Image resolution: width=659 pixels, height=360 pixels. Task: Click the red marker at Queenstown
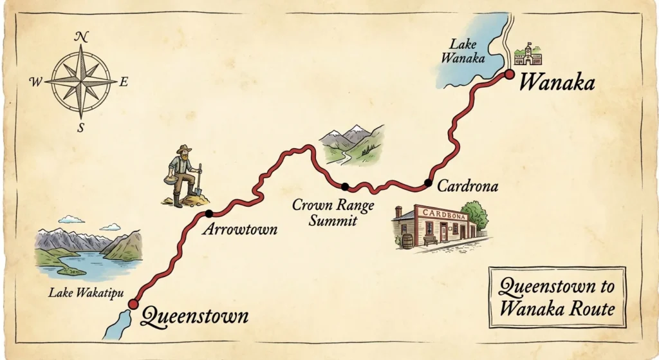[133, 304]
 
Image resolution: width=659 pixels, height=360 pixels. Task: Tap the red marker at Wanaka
[508, 75]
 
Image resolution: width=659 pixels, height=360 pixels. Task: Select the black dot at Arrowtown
[209, 213]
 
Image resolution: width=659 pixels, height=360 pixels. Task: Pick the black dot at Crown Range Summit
[345, 187]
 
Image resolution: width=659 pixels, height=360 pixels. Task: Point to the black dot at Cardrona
[428, 183]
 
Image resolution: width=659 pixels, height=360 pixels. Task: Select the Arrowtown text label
[239, 230]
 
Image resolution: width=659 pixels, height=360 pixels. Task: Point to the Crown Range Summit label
[324, 213]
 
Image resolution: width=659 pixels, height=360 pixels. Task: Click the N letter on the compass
[81, 37]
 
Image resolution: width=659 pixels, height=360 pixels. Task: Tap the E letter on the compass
[124, 81]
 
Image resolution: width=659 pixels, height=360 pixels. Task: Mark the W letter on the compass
[36, 82]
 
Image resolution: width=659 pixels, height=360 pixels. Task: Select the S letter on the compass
[81, 128]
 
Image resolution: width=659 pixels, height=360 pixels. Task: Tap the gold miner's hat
[184, 149]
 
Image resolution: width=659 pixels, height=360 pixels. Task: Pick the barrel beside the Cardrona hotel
[407, 241]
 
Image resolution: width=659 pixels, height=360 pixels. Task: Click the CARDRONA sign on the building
[443, 214]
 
